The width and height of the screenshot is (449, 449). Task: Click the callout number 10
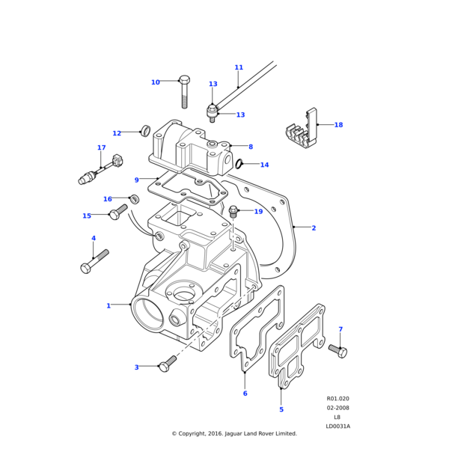pos(156,82)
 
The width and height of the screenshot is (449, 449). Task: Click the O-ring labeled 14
pos(239,165)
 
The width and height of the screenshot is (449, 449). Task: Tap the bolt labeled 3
pos(168,363)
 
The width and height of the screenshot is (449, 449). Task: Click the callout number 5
pos(281,409)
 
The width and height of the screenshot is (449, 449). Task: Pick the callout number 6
pos(245,393)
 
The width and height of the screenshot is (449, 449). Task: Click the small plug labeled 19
pos(233,212)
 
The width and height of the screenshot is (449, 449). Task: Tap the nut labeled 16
pos(135,199)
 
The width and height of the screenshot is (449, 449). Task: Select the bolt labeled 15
pos(117,213)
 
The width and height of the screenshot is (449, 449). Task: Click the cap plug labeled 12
pos(145,132)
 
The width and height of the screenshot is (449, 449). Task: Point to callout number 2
pos(314,227)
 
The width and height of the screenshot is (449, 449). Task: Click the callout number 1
pos(109,305)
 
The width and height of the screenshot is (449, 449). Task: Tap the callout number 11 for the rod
pos(239,67)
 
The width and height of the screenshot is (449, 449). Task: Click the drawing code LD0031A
pos(337,426)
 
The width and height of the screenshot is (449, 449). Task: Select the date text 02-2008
pos(337,408)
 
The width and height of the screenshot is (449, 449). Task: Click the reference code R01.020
pos(337,399)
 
